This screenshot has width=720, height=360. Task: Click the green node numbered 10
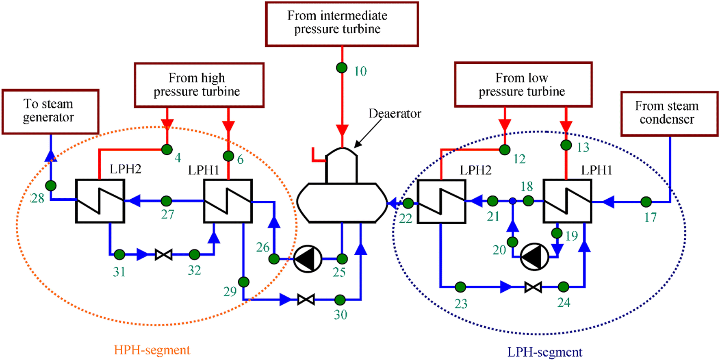[342, 67]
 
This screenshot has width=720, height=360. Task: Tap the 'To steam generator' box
[50, 111]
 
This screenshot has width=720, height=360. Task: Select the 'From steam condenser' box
[669, 113]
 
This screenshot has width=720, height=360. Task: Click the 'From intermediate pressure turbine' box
[341, 24]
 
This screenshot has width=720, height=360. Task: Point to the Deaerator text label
[395, 113]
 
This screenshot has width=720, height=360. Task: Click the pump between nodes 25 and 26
[308, 258]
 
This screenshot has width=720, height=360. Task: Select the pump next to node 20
[534, 256]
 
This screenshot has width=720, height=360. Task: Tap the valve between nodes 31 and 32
[163, 255]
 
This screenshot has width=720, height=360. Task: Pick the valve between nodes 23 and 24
[533, 287]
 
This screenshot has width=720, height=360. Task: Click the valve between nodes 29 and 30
[306, 300]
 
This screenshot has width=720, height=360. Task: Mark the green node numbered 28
[51, 186]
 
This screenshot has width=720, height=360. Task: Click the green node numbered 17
[646, 202]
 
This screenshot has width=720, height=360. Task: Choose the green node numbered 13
[566, 145]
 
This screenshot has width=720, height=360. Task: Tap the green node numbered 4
[167, 150]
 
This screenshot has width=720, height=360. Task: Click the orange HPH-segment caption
[152, 350]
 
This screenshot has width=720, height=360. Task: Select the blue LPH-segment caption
[544, 352]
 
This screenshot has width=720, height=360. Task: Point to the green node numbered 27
[166, 201]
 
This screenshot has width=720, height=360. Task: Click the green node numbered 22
[408, 203]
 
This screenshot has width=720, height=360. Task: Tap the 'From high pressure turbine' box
[199, 85]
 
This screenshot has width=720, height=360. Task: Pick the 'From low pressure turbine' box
[523, 85]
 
